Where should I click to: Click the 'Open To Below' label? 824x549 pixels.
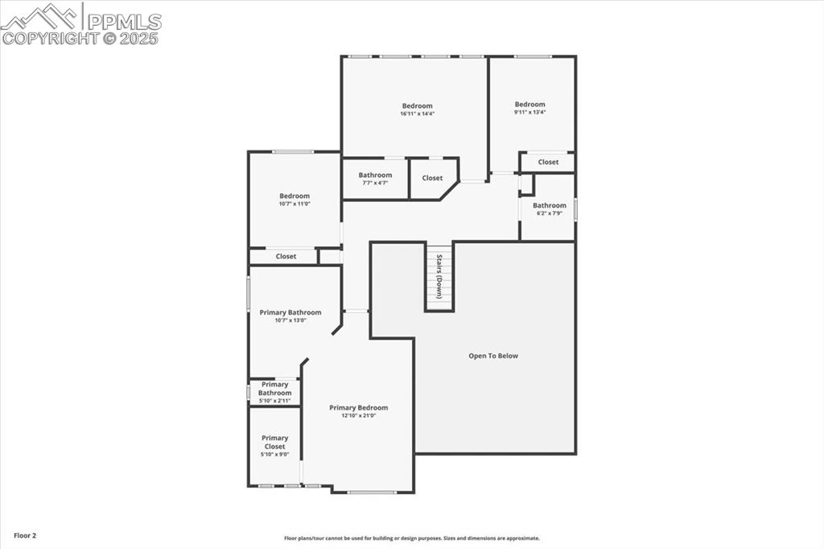[x=493, y=356]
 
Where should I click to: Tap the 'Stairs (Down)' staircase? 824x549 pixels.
[x=439, y=277]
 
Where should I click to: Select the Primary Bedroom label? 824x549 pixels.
[x=358, y=407]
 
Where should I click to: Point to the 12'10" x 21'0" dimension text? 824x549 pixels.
[x=358, y=416]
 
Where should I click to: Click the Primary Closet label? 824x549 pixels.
[x=274, y=442]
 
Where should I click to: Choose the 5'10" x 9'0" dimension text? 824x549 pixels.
[x=274, y=455]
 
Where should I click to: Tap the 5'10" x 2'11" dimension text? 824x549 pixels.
[x=274, y=401]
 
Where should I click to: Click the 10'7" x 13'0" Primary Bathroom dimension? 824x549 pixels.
[x=290, y=320]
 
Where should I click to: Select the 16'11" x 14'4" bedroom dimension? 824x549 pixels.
[x=417, y=114]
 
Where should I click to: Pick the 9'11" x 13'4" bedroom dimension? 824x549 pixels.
[x=529, y=113]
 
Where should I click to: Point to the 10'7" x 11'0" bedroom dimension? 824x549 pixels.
[x=295, y=204]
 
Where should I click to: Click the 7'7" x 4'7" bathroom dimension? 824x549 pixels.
[x=375, y=184]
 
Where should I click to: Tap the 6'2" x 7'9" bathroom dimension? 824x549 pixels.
[x=549, y=213]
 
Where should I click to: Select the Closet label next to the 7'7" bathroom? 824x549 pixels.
[x=432, y=178]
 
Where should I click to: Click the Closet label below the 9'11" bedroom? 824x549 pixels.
[x=548, y=162]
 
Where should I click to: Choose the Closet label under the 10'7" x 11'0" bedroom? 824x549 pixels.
[x=286, y=257]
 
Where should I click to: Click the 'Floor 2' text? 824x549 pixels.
[x=24, y=535]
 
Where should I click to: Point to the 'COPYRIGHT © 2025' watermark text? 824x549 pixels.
[x=80, y=37]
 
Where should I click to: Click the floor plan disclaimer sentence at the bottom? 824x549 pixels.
[x=411, y=539]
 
